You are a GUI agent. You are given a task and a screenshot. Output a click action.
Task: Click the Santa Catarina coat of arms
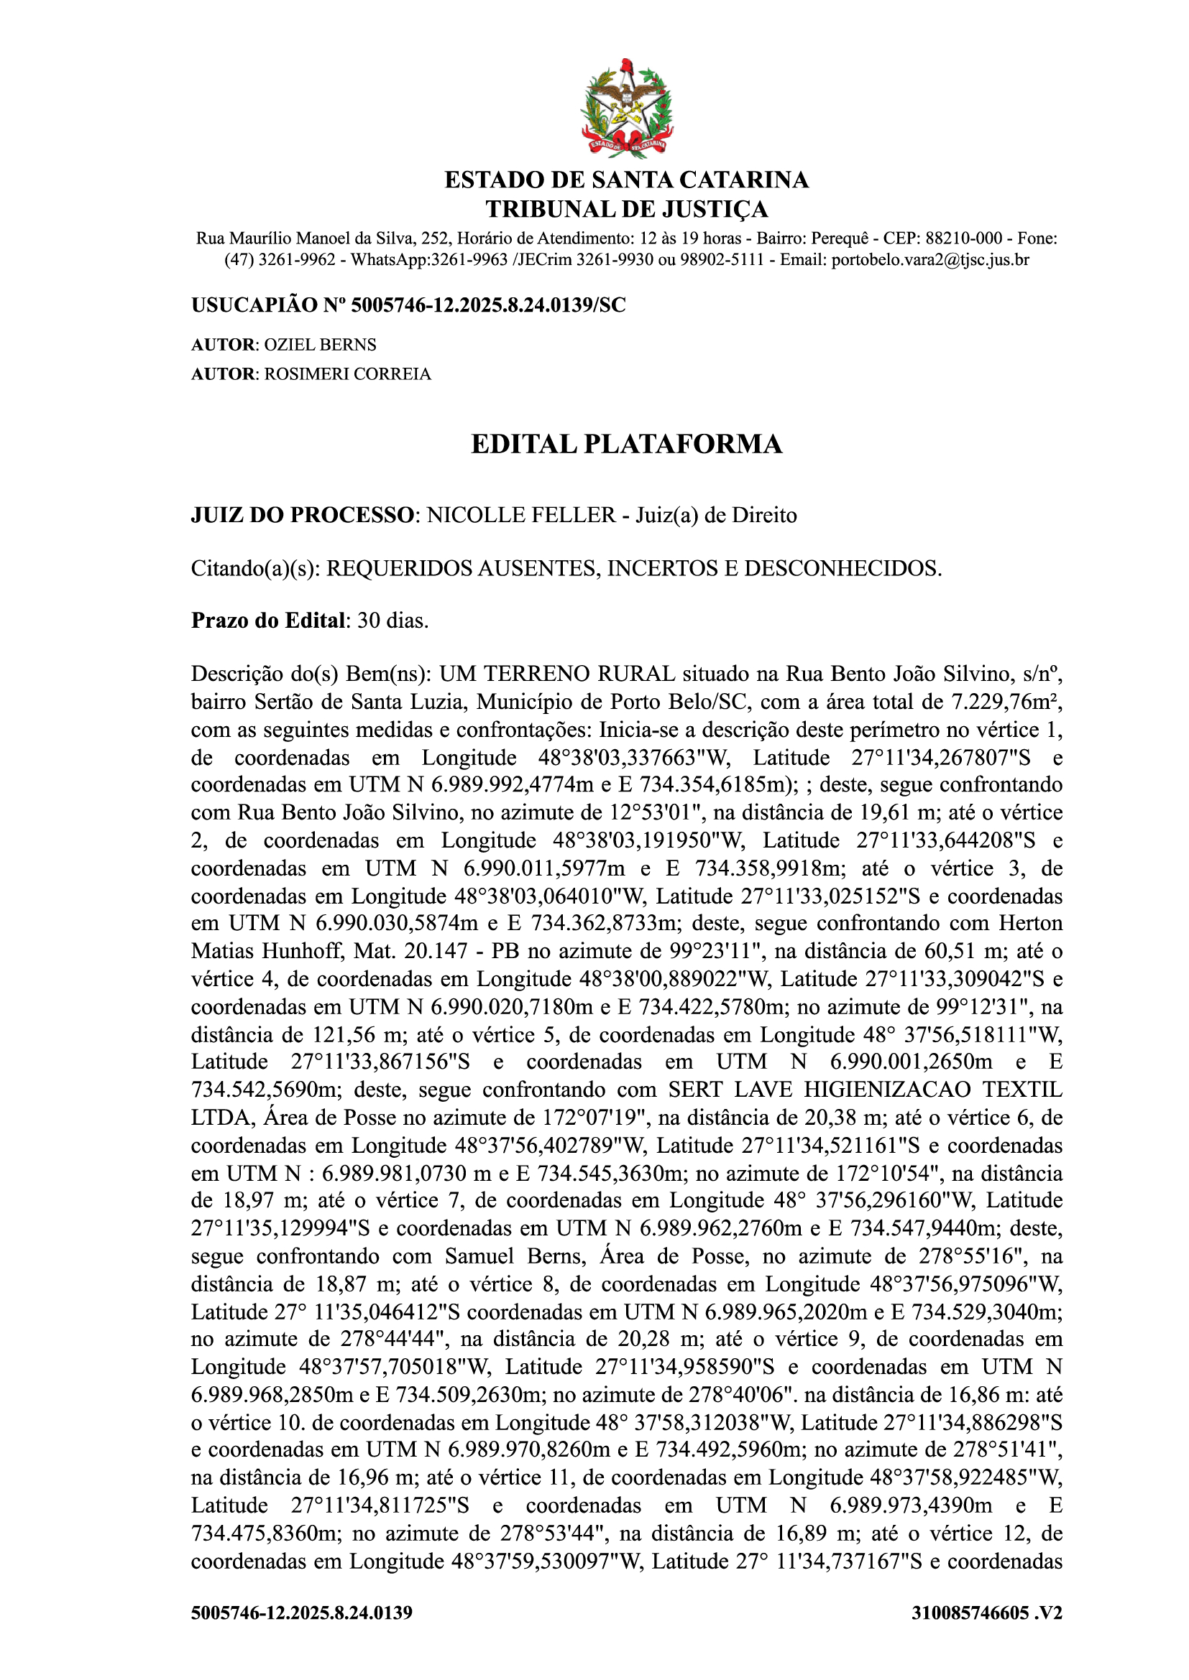627,108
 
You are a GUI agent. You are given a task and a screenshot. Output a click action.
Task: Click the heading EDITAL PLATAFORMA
626,444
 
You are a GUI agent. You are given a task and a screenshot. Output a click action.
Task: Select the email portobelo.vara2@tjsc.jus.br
929,260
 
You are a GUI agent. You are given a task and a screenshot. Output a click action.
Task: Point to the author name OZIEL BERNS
320,345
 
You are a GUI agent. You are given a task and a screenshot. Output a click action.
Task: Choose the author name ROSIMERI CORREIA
347,374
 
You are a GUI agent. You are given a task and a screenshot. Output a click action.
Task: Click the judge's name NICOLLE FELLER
521,515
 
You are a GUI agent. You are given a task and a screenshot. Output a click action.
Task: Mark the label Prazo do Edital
267,621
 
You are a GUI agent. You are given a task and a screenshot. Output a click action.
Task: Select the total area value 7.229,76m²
1006,702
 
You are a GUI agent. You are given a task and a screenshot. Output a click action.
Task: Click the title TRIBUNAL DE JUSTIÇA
626,209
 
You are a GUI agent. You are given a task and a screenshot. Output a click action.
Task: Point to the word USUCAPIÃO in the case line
252,305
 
